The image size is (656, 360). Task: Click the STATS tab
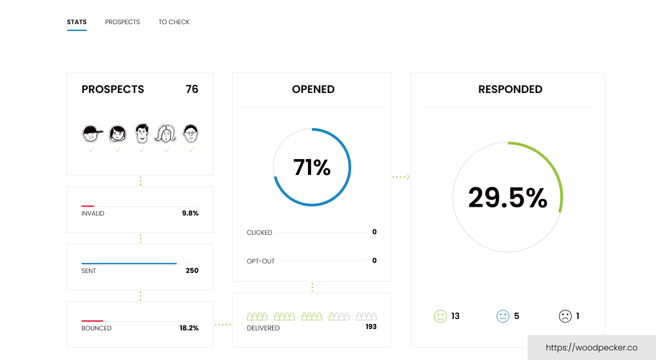[x=77, y=22]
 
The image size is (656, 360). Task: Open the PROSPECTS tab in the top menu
[x=123, y=22]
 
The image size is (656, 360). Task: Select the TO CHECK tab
[x=174, y=22]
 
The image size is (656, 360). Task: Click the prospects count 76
[x=192, y=89]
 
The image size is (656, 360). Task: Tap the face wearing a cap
[x=92, y=134]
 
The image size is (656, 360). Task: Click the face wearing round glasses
[x=191, y=134]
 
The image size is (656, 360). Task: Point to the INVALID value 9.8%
[x=190, y=213]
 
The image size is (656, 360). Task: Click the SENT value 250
[x=192, y=271]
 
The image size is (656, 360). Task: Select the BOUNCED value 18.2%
[x=189, y=328]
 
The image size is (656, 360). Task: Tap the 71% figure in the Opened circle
[x=312, y=167]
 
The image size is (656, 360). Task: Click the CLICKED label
[x=259, y=232]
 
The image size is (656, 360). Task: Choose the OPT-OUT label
[x=261, y=262]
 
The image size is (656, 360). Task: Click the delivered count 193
[x=371, y=327]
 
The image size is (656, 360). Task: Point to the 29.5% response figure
[x=507, y=198]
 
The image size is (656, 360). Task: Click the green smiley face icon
[x=441, y=316]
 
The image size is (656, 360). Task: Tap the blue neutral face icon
[x=502, y=316]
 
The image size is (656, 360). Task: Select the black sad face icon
[x=565, y=316]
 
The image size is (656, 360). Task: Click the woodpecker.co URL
[x=591, y=348]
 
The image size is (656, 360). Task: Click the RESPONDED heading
[x=510, y=89]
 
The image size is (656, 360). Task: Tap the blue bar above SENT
[x=129, y=263]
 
